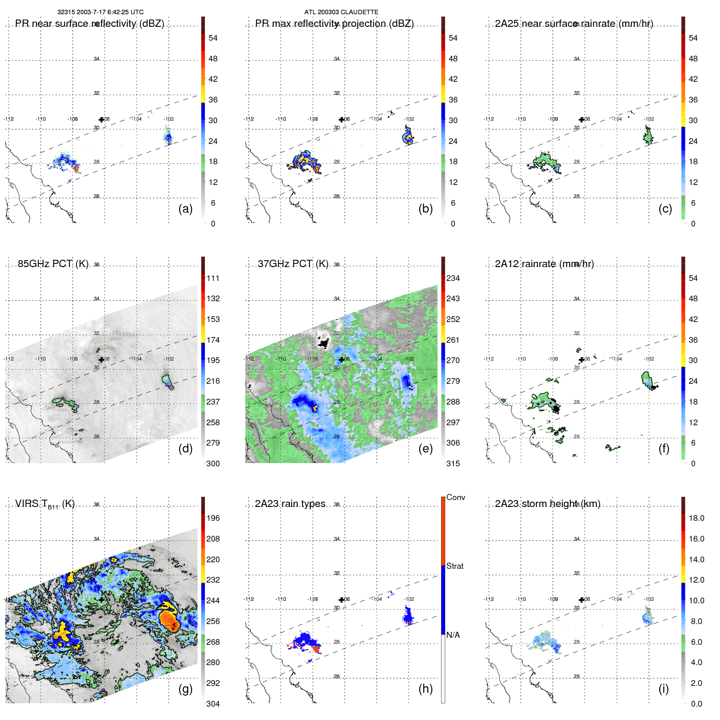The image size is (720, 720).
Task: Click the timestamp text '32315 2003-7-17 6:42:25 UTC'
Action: (100, 12)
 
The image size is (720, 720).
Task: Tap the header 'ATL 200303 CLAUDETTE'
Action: (341, 12)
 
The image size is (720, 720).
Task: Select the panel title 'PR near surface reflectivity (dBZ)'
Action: (89, 24)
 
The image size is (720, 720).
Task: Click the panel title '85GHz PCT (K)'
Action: (53, 264)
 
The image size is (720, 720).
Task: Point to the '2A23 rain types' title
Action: (290, 504)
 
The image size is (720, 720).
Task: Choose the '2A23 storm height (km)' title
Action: (547, 504)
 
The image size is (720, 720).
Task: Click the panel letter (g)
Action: (185, 689)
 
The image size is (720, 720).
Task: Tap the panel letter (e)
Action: (425, 448)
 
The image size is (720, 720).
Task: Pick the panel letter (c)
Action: (665, 209)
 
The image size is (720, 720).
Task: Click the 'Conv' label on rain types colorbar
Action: (455, 497)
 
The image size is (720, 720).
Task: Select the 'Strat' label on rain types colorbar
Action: (455, 566)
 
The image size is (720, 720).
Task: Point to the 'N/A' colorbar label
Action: (453, 635)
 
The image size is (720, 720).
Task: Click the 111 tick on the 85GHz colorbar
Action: (213, 278)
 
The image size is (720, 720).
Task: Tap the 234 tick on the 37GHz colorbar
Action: (453, 278)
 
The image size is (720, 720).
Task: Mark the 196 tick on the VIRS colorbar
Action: (213, 518)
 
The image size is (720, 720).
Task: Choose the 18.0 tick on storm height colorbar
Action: (696, 518)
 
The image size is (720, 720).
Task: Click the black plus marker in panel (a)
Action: (101, 120)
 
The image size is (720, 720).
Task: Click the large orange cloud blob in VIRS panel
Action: (170, 620)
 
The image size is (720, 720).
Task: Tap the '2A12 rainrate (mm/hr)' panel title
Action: (544, 264)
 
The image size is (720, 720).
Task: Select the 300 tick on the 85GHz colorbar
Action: (213, 463)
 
